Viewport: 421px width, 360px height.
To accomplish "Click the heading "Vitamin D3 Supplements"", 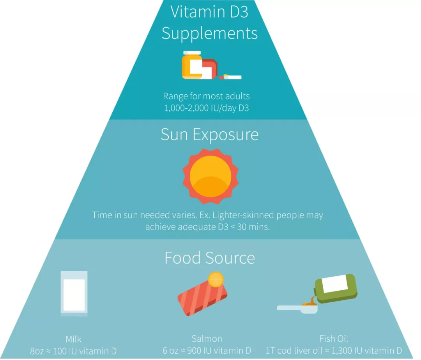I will click(210, 22).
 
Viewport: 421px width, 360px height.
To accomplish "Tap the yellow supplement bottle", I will click(189, 67).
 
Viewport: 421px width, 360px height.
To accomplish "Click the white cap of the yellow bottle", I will click(192, 52).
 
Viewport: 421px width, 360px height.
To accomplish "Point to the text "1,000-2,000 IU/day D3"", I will click(206, 108).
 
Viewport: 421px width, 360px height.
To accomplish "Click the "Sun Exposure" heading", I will click(210, 134).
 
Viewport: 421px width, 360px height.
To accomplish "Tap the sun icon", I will click(210, 175).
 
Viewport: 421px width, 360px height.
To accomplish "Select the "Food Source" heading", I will click(210, 258).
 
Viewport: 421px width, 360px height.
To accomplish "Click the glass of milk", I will click(74, 293).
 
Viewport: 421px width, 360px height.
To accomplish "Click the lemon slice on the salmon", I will click(216, 279).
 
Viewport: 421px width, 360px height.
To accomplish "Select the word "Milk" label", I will click(74, 339).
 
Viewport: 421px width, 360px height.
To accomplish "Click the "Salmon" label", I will click(207, 339).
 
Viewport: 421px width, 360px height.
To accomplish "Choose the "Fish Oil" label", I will click(334, 339).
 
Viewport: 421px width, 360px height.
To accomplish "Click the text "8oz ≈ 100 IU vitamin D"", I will click(74, 351).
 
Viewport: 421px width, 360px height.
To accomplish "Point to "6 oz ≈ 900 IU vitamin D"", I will click(207, 351).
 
